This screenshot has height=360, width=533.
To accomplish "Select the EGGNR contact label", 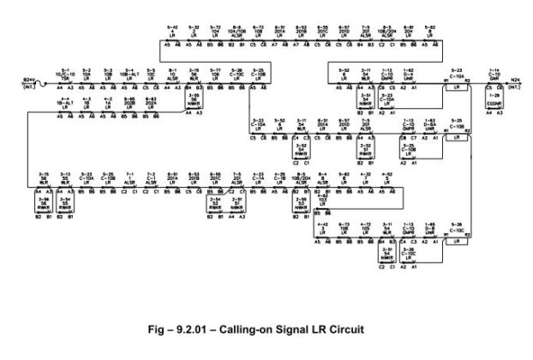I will [494, 103].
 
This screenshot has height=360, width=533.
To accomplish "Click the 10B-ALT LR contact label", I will [129, 74].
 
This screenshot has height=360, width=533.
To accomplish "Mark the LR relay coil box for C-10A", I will [458, 87].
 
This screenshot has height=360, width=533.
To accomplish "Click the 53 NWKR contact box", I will [301, 207].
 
